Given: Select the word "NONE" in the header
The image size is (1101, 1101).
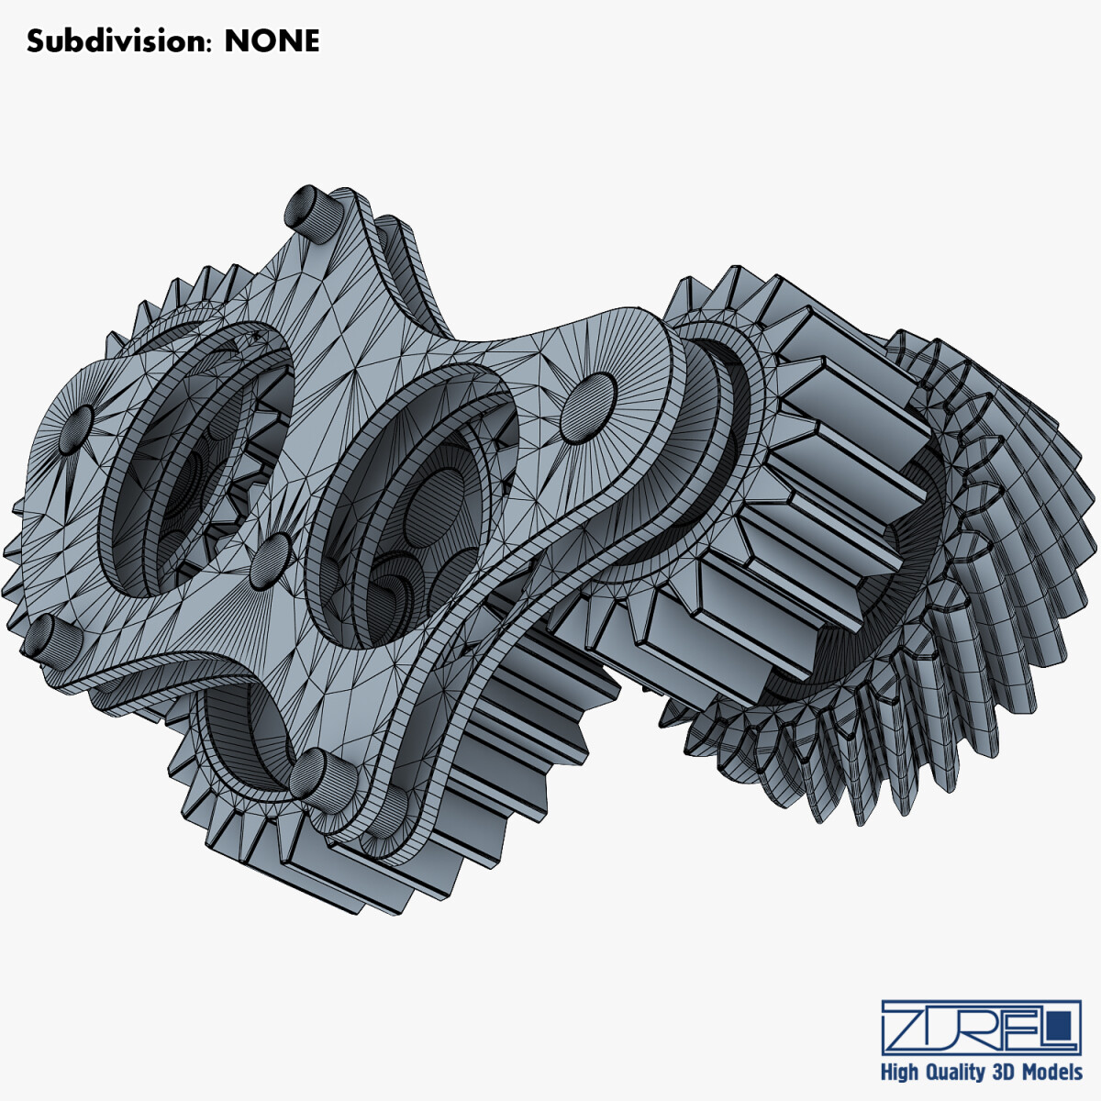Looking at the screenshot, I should coord(272,41).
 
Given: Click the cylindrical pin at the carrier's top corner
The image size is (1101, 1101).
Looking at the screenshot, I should coord(308,213).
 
